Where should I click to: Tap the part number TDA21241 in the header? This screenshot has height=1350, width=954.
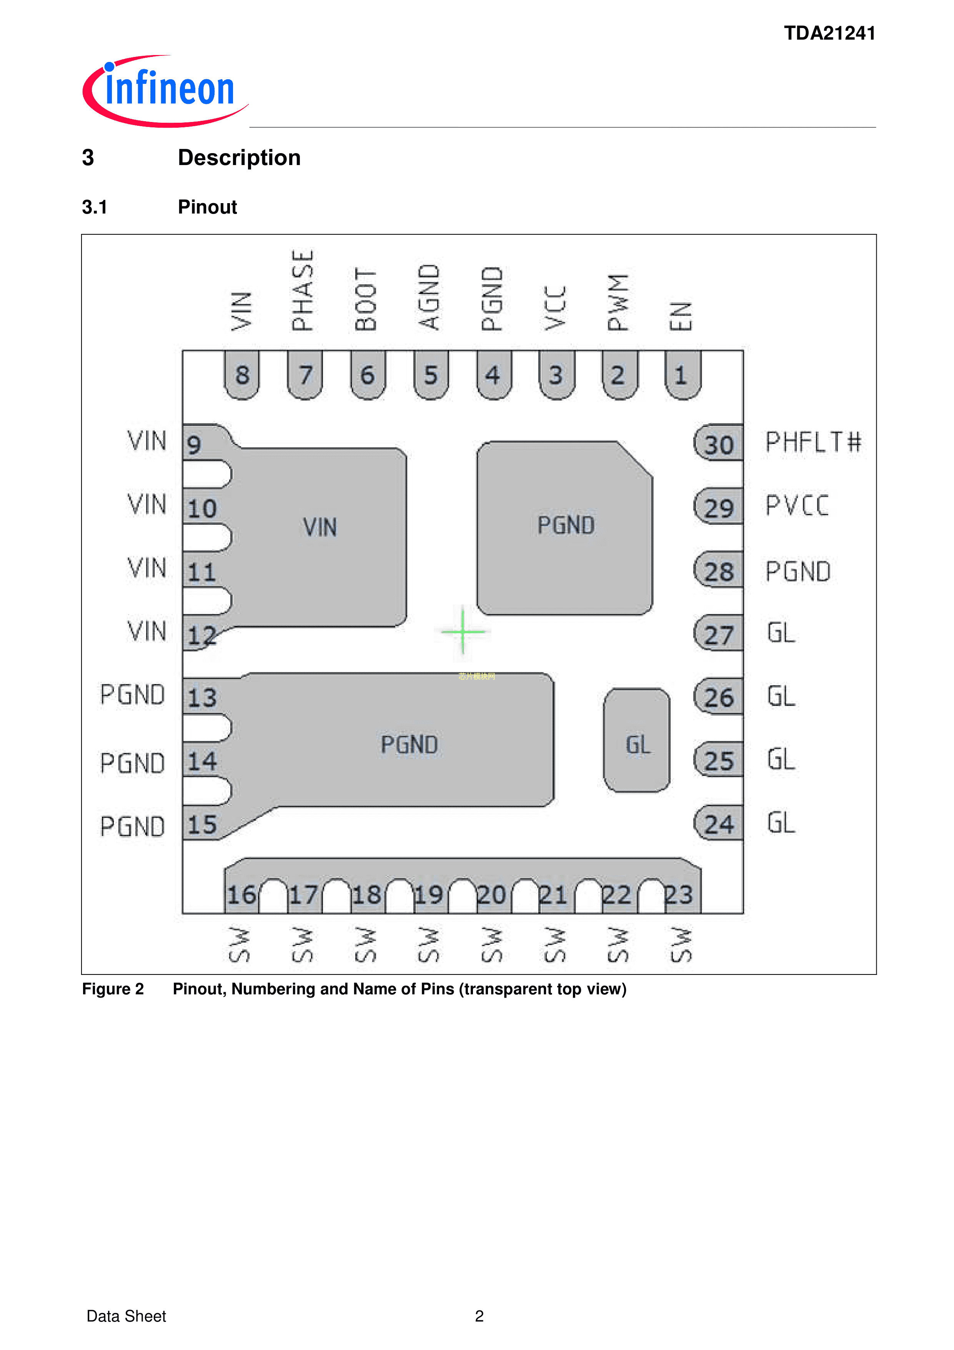click(x=829, y=33)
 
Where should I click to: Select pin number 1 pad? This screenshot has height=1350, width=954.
click(x=682, y=375)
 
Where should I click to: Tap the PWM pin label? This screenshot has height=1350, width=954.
click(x=618, y=302)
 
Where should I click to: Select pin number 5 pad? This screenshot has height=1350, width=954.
click(x=431, y=375)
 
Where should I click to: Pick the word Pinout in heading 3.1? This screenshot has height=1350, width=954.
click(x=207, y=207)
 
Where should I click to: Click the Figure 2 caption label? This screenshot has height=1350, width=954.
click(x=113, y=989)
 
